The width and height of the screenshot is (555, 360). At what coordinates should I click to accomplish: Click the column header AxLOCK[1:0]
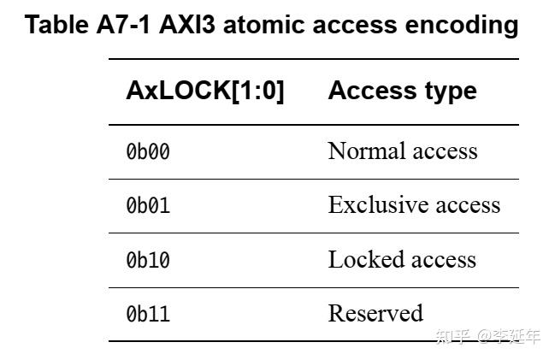click(204, 91)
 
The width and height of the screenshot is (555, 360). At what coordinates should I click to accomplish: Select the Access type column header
click(402, 91)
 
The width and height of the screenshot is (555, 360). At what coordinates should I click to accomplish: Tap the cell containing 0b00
click(148, 152)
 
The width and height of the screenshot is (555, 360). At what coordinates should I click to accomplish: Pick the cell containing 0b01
click(148, 206)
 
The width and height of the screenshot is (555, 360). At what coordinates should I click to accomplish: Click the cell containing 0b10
click(148, 260)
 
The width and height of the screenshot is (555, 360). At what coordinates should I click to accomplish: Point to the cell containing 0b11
click(148, 314)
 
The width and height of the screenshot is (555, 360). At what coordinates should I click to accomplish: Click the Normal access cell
click(402, 151)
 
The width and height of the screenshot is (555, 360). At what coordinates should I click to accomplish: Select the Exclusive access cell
click(414, 205)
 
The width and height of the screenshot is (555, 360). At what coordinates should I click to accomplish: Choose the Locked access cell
click(402, 259)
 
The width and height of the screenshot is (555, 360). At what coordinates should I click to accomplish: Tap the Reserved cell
click(375, 313)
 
